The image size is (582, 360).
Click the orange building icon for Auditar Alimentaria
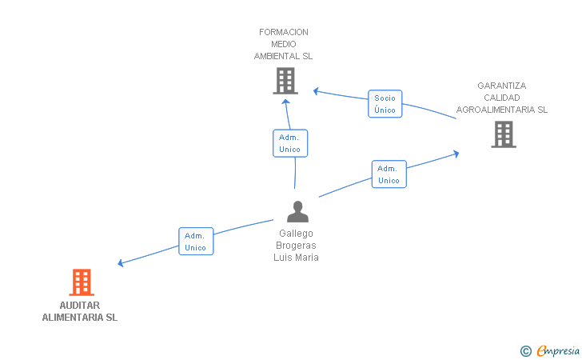(x=82, y=282)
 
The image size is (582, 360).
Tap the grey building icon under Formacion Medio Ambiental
(x=285, y=81)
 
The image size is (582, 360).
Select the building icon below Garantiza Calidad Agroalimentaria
(x=504, y=134)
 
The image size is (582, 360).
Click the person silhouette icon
(x=297, y=211)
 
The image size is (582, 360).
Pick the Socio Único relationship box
(x=385, y=104)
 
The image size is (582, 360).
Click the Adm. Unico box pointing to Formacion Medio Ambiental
(x=290, y=143)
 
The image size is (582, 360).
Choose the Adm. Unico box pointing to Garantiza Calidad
(x=389, y=174)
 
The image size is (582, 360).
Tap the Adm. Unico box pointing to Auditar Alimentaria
(x=196, y=241)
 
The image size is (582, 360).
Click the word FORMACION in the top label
(x=284, y=32)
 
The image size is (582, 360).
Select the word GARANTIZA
(x=502, y=86)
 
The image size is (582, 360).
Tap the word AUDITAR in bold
(x=80, y=306)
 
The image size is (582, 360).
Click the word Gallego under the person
(x=296, y=234)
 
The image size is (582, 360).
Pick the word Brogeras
(x=296, y=246)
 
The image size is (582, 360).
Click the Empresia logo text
(x=558, y=350)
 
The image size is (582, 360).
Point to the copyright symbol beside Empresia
(x=526, y=351)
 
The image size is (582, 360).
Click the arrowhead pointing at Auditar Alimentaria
(x=120, y=263)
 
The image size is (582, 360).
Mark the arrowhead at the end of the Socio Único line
(x=316, y=91)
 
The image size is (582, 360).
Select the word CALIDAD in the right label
(x=502, y=98)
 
